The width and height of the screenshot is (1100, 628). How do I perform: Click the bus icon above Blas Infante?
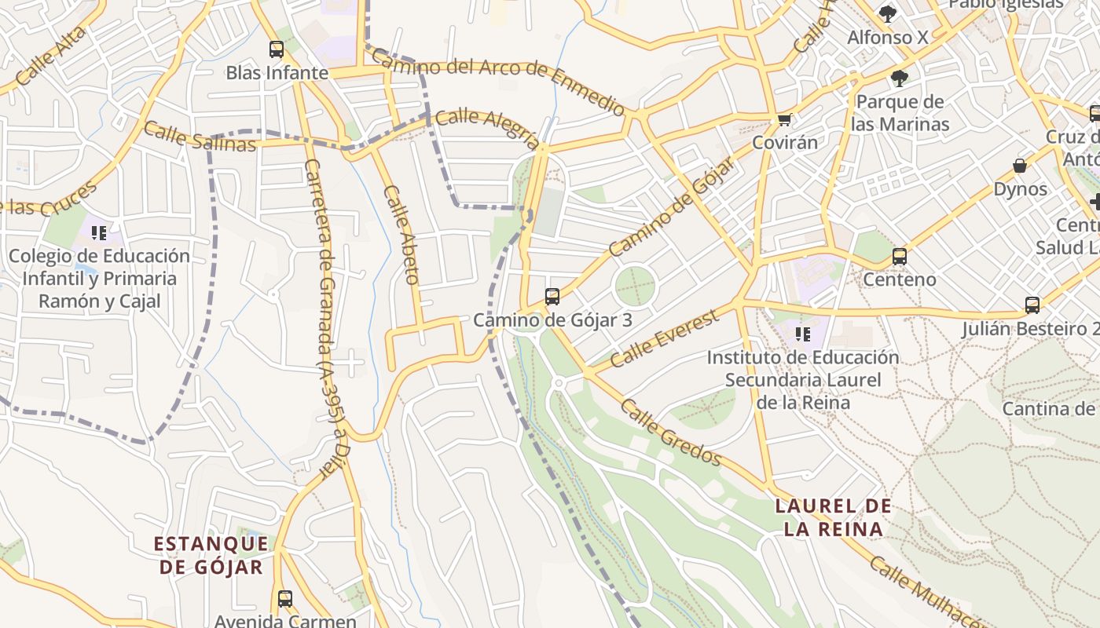(277, 49)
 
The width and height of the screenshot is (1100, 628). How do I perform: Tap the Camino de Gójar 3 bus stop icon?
(552, 297)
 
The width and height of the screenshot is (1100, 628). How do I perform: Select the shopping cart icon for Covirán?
(783, 120)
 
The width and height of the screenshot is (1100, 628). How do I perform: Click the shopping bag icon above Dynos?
(1020, 166)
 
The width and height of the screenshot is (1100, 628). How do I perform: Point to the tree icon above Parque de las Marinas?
(899, 78)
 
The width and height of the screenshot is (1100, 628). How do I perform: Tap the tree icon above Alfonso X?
(887, 13)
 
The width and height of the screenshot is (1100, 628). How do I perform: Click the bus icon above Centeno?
(900, 257)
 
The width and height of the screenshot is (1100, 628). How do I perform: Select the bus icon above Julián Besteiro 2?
(1032, 305)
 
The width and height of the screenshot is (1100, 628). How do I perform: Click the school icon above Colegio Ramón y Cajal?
(99, 232)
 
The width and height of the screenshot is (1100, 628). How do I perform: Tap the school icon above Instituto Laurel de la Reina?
(802, 334)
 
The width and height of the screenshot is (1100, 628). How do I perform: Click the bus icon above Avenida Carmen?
(285, 599)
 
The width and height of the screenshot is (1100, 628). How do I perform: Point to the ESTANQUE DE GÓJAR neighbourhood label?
(211, 555)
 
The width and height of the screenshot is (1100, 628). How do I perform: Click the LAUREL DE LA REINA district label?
(834, 517)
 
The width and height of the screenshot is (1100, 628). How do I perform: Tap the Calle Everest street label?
(664, 338)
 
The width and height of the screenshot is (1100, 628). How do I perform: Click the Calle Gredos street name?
(670, 432)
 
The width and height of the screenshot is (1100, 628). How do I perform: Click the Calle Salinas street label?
(200, 137)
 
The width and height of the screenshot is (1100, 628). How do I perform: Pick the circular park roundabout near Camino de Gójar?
(634, 286)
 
